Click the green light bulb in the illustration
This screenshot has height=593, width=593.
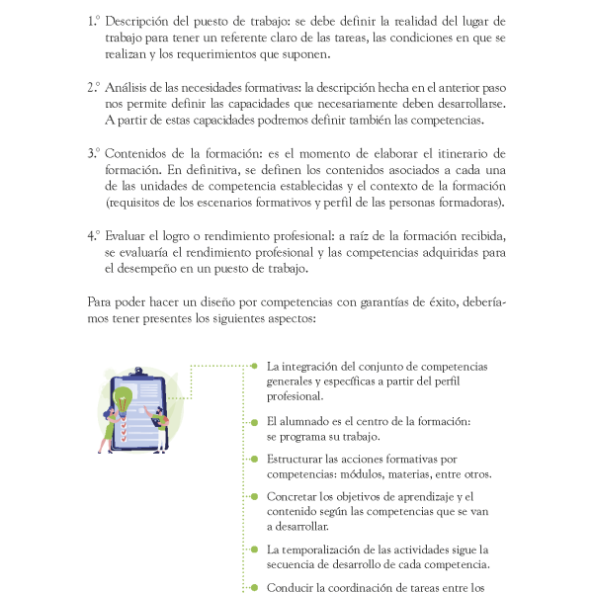tap(124, 399)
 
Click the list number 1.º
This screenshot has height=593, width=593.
tap(94, 20)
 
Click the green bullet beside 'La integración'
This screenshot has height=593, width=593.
tap(254, 366)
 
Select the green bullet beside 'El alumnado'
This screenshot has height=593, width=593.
tap(254, 421)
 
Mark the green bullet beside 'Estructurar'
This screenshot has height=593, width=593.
tap(254, 459)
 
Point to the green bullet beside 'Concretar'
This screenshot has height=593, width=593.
tap(254, 495)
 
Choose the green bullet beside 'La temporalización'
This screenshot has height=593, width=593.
tap(254, 549)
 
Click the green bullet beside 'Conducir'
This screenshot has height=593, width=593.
tap(254, 586)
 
